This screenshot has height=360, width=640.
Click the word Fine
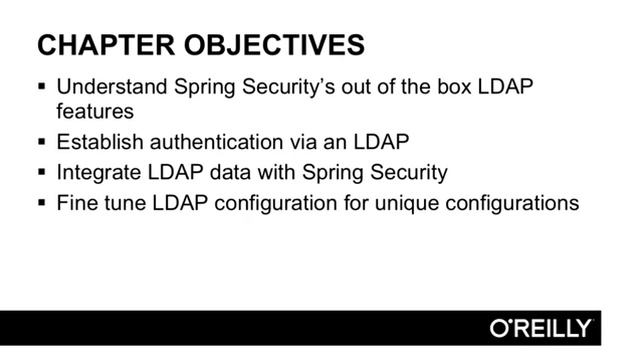coord(76,203)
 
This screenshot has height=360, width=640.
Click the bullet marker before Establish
coord(41,142)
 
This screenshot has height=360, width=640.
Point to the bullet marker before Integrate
coord(41,173)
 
